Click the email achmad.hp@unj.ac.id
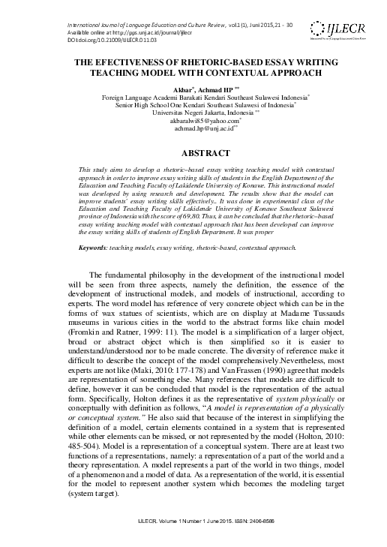[x=193, y=128]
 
